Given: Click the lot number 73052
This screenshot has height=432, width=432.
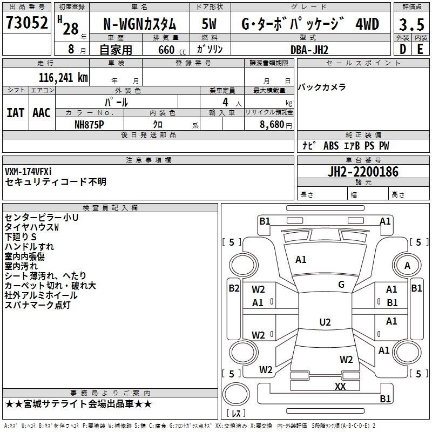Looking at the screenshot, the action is pyautogui.click(x=26, y=22).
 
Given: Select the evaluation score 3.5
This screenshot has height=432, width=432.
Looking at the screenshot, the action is pyautogui.click(x=411, y=24).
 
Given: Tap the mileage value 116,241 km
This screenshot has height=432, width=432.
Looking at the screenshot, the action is pyautogui.click(x=63, y=78).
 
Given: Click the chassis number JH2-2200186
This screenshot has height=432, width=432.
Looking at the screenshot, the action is pyautogui.click(x=363, y=172).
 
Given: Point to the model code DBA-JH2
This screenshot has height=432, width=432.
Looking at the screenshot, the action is pyautogui.click(x=309, y=50).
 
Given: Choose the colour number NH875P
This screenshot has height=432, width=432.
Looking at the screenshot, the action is pyautogui.click(x=89, y=125).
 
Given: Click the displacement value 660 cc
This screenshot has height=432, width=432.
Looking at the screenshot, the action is pyautogui.click(x=172, y=50).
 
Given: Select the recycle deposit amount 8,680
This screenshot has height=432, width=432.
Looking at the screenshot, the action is pyautogui.click(x=272, y=125).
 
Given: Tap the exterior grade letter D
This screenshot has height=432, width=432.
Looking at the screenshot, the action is pyautogui.click(x=402, y=49).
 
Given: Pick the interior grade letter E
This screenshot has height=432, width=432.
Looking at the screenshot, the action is pyautogui.click(x=420, y=49).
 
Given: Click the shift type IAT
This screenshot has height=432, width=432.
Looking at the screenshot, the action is pyautogui.click(x=15, y=113).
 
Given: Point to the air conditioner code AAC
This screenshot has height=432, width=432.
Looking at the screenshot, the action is pyautogui.click(x=42, y=113).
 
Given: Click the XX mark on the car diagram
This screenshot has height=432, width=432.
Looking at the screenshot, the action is pyautogui.click(x=340, y=386).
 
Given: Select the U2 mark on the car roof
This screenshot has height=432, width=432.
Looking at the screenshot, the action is pyautogui.click(x=325, y=322).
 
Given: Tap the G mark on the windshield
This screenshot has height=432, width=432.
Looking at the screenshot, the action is pyautogui.click(x=341, y=285).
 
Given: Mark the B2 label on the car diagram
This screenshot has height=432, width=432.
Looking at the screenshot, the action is pyautogui.click(x=234, y=288).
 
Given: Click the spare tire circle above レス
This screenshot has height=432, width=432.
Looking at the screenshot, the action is pyautogui.click(x=236, y=394).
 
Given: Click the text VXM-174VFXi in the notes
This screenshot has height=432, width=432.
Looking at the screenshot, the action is pyautogui.click(x=28, y=172).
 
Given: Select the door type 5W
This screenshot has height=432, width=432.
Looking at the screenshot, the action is pyautogui.click(x=209, y=24).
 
